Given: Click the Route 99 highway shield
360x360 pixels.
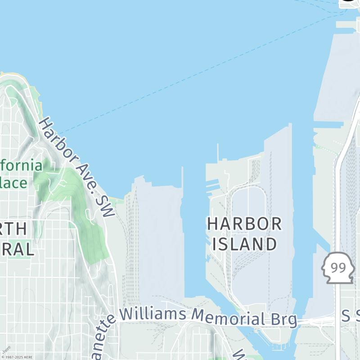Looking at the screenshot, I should (x=338, y=268).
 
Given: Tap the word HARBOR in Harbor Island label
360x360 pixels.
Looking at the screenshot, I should (x=244, y=224).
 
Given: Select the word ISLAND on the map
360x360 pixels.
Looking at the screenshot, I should (x=244, y=244).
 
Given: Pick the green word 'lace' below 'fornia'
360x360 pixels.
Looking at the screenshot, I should (x=13, y=183).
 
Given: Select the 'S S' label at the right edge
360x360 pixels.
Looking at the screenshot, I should (x=351, y=315).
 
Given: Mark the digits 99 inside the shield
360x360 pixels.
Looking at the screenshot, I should (x=338, y=268).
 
